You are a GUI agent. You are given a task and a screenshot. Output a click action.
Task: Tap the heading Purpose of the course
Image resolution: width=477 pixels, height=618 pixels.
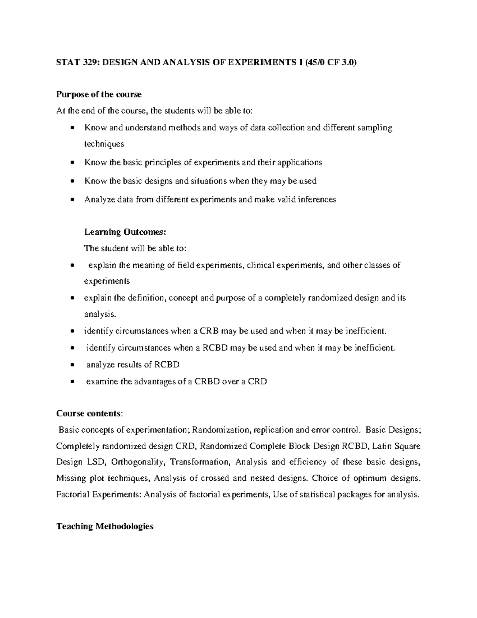[99, 95]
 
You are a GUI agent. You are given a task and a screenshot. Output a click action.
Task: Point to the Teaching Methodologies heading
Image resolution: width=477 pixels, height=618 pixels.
[105, 526]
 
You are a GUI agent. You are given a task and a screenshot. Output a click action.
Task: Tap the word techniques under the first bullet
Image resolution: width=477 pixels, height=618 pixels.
[104, 144]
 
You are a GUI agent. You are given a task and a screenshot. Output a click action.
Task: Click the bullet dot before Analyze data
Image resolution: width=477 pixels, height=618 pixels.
[72, 200]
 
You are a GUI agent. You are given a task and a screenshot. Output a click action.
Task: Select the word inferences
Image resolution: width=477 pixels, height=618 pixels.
[316, 200]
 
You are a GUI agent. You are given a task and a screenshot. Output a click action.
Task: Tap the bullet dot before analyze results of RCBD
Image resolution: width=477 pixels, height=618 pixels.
[72, 365]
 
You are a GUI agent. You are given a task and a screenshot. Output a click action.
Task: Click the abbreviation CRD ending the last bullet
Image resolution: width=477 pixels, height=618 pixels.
[257, 382]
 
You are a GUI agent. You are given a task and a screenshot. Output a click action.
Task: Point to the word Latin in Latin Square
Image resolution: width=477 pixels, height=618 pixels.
[384, 446]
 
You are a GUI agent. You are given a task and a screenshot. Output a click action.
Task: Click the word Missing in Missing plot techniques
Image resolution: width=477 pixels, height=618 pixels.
[69, 478]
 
